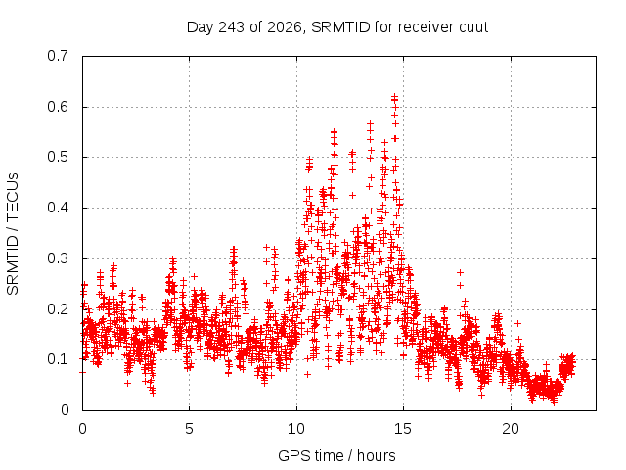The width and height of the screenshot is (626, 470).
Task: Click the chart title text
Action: pos(337,27)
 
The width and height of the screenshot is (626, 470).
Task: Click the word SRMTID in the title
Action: pos(340,27)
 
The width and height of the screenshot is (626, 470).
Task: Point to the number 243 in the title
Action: pos(233,27)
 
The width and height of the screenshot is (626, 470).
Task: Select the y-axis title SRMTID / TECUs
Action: pos(13,234)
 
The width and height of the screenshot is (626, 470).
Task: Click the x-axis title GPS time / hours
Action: pos(336,455)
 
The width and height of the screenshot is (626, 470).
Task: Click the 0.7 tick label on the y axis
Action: pos(58,56)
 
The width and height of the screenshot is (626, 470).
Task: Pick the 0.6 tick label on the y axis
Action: pos(58,107)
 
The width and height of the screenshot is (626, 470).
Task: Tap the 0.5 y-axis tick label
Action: pos(58,157)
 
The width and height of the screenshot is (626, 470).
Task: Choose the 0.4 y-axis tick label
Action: pos(58,208)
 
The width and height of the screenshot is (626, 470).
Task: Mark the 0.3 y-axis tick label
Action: pos(58,258)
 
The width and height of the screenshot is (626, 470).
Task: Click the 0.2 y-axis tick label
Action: pos(58,309)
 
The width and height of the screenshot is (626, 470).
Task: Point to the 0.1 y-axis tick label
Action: pos(58,359)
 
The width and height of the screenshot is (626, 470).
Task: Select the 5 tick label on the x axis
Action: pos(189,429)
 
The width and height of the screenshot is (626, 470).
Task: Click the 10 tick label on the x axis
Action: pos(296,429)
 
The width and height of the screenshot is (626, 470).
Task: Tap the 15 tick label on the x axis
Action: pos(403,429)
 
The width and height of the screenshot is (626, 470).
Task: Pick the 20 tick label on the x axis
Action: pos(511,429)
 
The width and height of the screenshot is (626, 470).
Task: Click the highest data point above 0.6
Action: pos(394,96)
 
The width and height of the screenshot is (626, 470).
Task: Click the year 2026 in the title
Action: pos(285,27)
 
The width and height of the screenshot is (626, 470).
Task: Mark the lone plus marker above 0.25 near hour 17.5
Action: pos(461,272)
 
